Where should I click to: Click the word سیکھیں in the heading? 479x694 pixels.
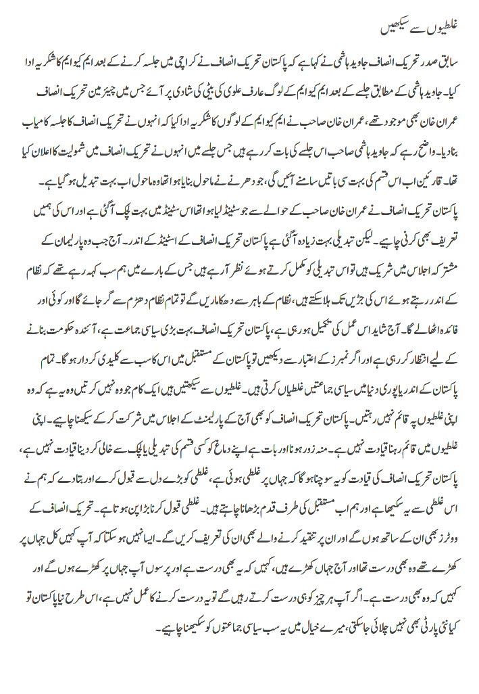[x=390, y=30]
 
